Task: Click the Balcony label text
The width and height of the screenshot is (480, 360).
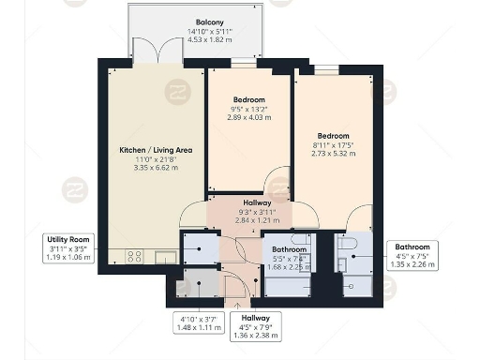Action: click(209, 22)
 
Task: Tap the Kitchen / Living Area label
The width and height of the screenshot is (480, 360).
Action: click(155, 150)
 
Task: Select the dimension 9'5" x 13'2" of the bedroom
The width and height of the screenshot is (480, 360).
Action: click(249, 109)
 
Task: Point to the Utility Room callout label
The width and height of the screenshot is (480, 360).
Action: click(68, 240)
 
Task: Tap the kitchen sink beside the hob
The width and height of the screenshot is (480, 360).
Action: click(165, 255)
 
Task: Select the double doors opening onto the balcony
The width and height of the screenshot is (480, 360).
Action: click(155, 53)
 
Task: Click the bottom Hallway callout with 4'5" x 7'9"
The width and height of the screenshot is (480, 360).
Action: click(252, 327)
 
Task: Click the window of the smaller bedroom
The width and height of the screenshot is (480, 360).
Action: click(244, 64)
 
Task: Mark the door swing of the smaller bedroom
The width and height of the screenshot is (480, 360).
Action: click(277, 181)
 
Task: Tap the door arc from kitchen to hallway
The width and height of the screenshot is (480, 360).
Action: click(193, 216)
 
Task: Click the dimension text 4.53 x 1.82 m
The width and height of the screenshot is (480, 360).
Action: click(209, 39)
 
